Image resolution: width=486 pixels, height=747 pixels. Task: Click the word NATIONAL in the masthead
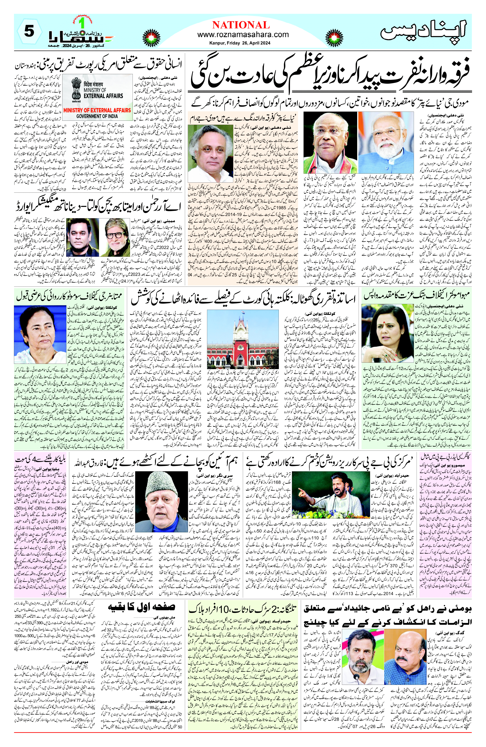pyautogui.click(x=241, y=25)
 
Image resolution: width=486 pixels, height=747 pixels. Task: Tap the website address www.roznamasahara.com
pyautogui.click(x=243, y=35)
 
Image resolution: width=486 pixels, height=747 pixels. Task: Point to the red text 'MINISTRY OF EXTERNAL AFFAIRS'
pyautogui.click(x=97, y=110)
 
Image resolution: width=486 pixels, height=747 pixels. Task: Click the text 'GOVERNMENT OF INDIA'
pyautogui.click(x=97, y=116)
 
